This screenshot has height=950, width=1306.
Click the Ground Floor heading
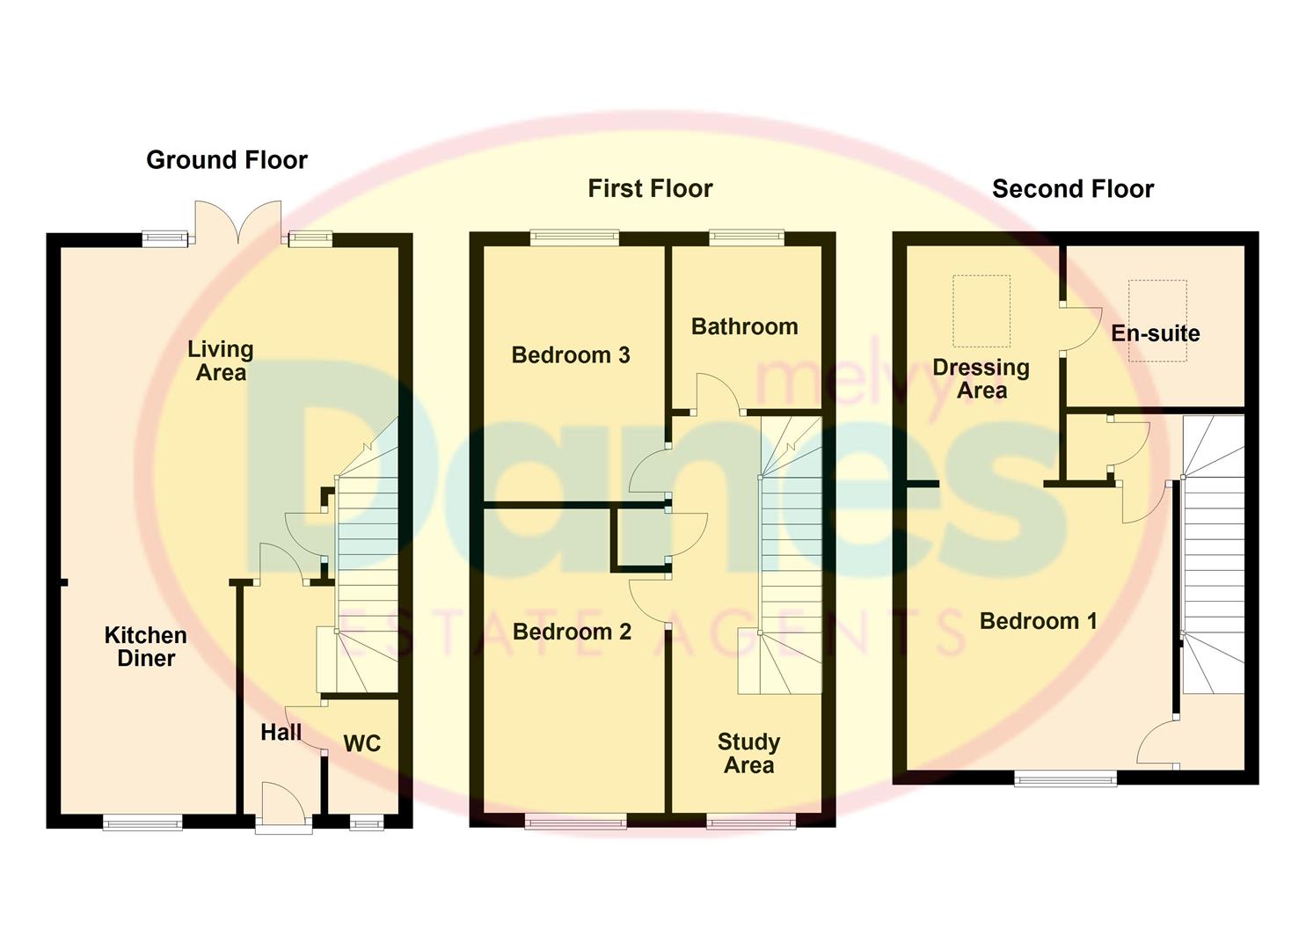[227, 160]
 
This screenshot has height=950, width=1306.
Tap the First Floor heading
[650, 188]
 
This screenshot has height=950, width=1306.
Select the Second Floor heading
[1073, 189]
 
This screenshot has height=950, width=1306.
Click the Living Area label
[221, 361]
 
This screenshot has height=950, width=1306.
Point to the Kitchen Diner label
[146, 647]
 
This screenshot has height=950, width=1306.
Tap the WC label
[362, 743]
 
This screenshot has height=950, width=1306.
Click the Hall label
[281, 733]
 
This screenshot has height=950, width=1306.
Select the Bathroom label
[745, 326]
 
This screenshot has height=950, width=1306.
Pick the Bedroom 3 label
[571, 354]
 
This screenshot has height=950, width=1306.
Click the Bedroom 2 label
[572, 632]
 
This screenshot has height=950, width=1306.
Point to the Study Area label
[748, 754]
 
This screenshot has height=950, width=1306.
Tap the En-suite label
[1155, 333]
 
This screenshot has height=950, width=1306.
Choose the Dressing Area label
[981, 379]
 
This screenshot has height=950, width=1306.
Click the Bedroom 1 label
[1039, 621]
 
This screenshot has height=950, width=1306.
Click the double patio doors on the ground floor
[238, 223]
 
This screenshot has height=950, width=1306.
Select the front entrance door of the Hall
[283, 807]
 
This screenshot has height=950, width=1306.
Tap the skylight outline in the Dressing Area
[981, 311]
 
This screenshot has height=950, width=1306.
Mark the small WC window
[367, 823]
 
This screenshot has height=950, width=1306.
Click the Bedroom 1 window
[1066, 778]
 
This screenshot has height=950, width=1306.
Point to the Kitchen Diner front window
[142, 822]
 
